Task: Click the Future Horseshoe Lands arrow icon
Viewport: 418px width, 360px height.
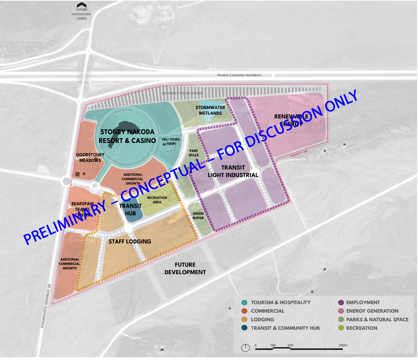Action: click(x=82, y=5)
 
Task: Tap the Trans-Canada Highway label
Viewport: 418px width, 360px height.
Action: click(x=239, y=75)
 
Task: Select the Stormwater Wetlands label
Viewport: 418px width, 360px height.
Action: click(x=210, y=110)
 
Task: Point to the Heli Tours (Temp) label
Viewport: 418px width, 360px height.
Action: click(x=171, y=142)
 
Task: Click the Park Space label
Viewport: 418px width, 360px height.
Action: click(x=194, y=153)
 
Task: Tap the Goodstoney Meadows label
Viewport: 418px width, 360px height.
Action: click(x=90, y=157)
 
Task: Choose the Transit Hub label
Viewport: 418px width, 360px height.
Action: click(x=130, y=209)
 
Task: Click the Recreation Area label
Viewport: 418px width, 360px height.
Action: click(x=157, y=200)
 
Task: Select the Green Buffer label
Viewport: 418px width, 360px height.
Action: click(x=198, y=216)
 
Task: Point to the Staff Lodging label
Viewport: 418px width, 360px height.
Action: click(x=130, y=241)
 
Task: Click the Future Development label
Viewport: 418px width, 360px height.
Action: click(x=185, y=268)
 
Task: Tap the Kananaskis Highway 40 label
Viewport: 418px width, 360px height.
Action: click(x=47, y=306)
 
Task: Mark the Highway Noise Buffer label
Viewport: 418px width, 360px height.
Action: click(x=183, y=93)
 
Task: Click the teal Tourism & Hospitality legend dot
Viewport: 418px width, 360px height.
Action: click(x=244, y=303)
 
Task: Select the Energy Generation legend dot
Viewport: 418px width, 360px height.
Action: click(x=341, y=311)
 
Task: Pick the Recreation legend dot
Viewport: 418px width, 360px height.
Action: click(x=341, y=328)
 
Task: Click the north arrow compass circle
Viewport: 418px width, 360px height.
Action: click(x=246, y=348)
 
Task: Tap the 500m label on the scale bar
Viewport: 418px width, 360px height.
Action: click(x=343, y=345)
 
